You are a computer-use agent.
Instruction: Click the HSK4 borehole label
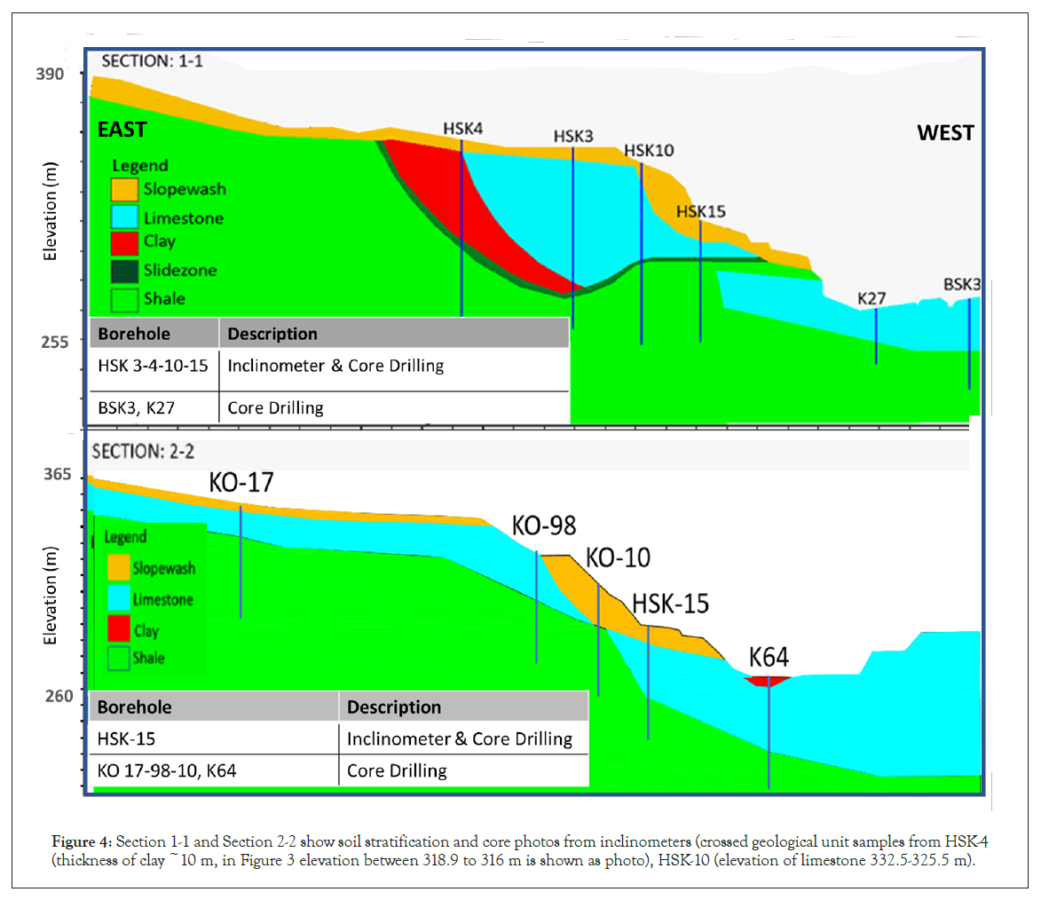(462, 129)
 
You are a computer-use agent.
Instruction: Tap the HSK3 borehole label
(573, 136)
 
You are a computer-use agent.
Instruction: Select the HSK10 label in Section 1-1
(649, 150)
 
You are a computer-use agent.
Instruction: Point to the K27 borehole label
(872, 298)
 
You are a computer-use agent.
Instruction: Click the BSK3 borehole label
(961, 285)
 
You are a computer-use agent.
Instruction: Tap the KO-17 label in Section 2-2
(241, 482)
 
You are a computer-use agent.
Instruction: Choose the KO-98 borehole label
(544, 525)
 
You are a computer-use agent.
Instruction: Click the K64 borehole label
(769, 657)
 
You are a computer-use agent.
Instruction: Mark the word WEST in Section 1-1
(945, 133)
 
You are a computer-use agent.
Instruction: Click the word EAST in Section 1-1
(122, 130)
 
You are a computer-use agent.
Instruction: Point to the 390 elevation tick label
(50, 74)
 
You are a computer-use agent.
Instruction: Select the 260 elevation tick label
(58, 696)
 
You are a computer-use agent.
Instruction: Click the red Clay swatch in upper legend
(124, 242)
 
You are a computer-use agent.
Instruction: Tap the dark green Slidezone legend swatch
(124, 271)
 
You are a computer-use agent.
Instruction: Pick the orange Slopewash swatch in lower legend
(119, 568)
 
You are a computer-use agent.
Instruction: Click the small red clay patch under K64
(769, 681)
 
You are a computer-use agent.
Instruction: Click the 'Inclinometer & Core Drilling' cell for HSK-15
(460, 738)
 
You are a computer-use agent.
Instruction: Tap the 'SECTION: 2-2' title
(143, 451)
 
